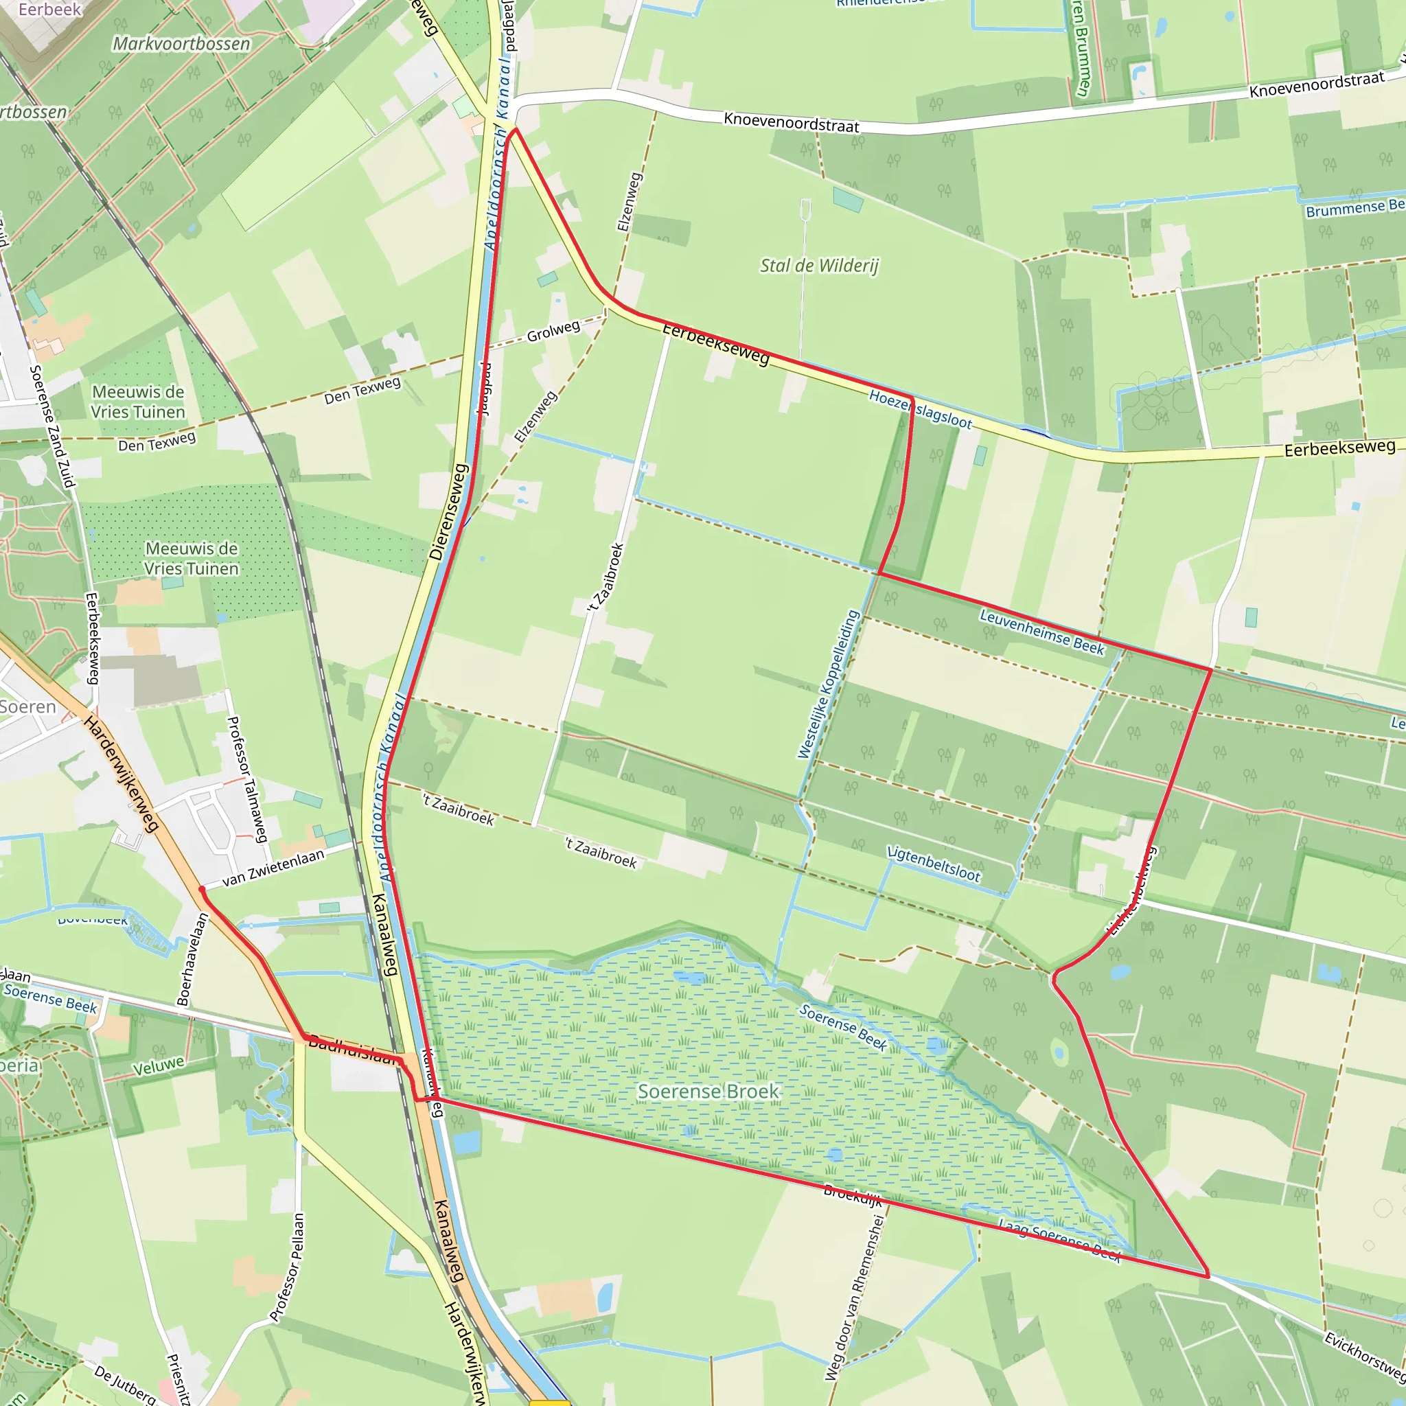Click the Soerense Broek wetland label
[x=708, y=1092]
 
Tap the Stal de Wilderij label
[x=819, y=266]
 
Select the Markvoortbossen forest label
[x=181, y=44]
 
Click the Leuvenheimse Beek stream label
[x=1041, y=632]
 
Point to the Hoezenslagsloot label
[x=920, y=409]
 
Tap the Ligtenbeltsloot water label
[x=934, y=864]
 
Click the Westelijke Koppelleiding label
[x=829, y=684]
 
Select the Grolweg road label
[x=553, y=331]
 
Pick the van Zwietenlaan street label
[x=273, y=868]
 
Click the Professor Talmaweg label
[x=246, y=779]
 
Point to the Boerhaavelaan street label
[x=192, y=959]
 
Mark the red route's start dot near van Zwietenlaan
[x=202, y=888]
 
